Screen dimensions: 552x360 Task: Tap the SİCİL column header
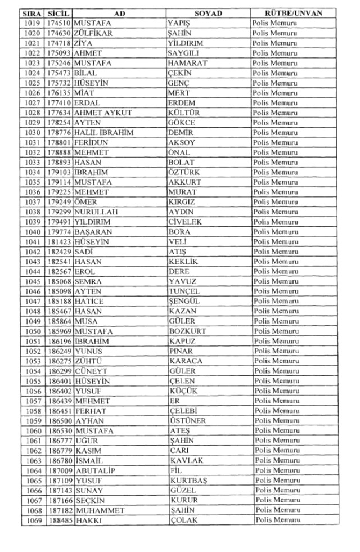coord(58,13)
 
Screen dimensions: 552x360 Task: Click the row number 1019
coord(34,23)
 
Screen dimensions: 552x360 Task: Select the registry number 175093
coord(59,53)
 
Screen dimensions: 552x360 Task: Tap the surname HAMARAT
coord(190,63)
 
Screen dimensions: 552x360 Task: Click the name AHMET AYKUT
coord(103,113)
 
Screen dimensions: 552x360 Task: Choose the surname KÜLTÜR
coord(186,113)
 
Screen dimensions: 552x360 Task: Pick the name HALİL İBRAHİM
coord(103,133)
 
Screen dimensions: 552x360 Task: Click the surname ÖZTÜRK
coord(186,172)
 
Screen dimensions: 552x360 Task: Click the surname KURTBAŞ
coord(189,481)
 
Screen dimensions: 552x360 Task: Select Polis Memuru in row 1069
coord(278,520)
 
